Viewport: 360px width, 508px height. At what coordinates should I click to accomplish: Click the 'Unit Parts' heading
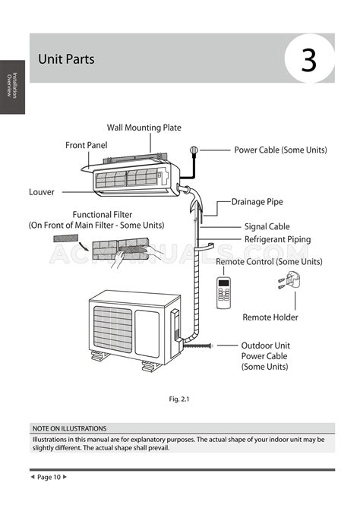click(66, 58)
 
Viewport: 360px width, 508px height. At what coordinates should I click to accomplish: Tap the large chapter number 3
click(308, 59)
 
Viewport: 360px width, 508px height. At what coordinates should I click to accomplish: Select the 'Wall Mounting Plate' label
click(144, 128)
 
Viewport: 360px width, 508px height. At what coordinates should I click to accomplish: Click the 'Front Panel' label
click(87, 144)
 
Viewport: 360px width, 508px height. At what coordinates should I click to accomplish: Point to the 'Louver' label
click(42, 192)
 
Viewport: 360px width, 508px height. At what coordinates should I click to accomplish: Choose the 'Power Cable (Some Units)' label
click(280, 150)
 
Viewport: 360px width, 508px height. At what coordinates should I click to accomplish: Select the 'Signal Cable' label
click(267, 226)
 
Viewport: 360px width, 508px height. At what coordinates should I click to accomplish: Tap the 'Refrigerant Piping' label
click(277, 239)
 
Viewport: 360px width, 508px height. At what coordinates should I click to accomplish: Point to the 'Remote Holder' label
click(270, 317)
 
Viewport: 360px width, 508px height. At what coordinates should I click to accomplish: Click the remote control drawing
click(224, 292)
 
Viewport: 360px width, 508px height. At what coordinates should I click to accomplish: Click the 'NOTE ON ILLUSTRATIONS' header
click(69, 428)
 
